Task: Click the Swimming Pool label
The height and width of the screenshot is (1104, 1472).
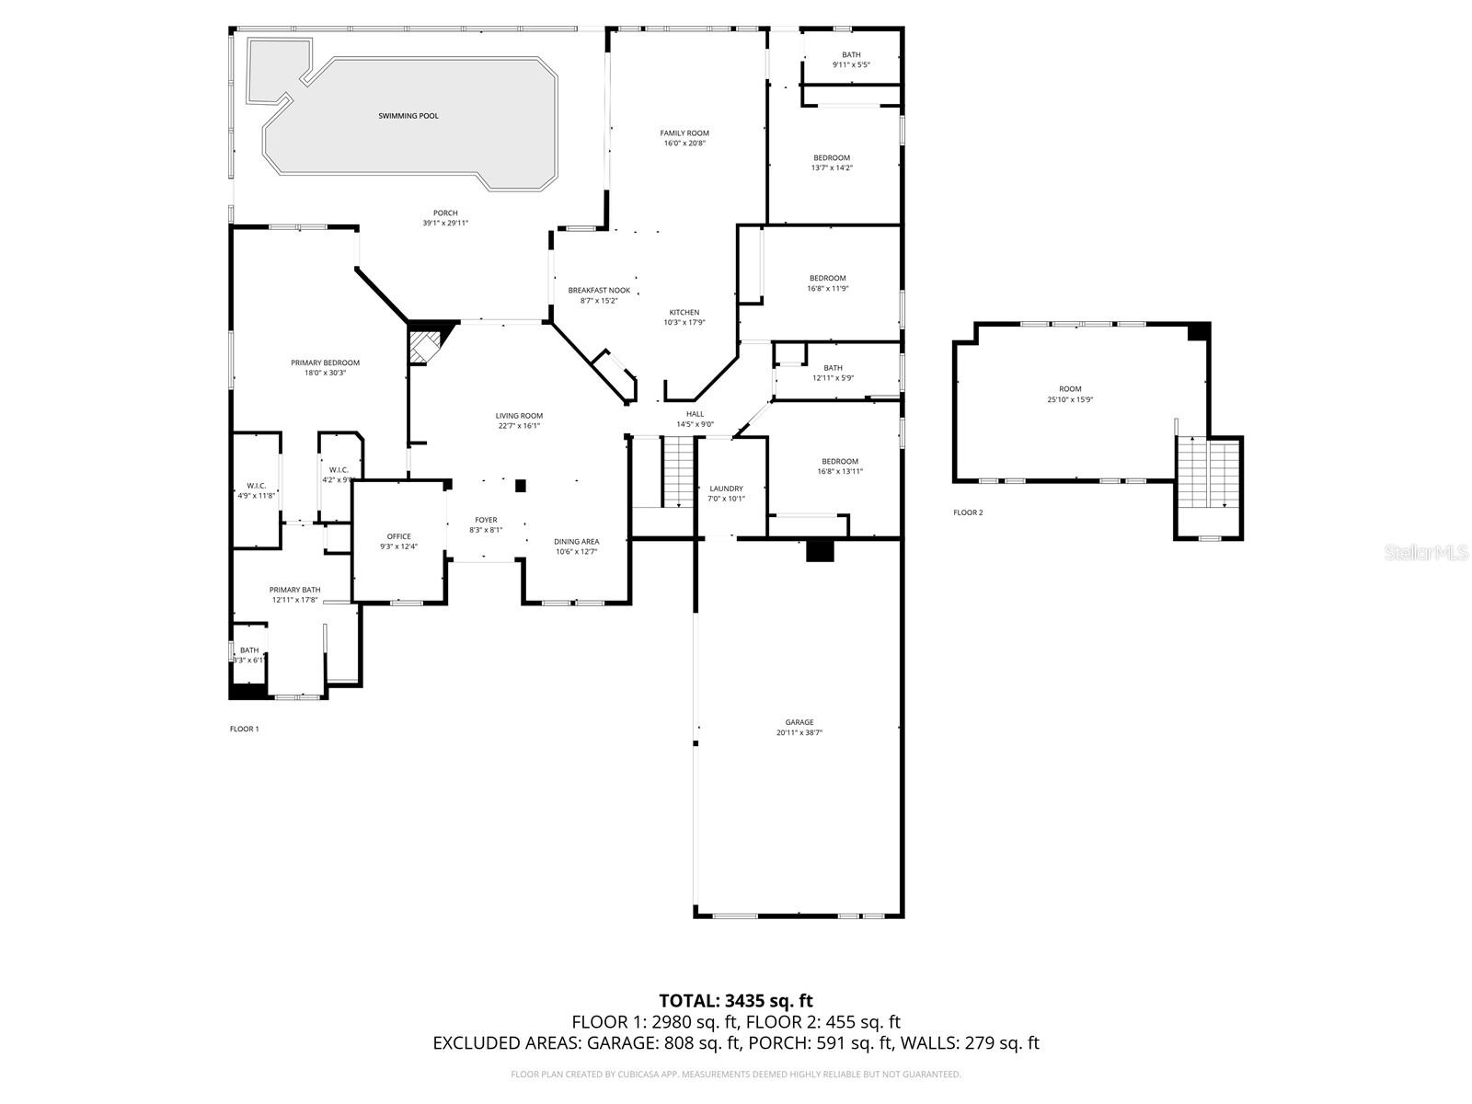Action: point(408,116)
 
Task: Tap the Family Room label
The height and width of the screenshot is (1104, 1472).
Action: point(685,133)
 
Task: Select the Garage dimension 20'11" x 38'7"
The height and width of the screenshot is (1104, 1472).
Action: point(799,733)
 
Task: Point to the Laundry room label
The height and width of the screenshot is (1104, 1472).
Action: point(726,489)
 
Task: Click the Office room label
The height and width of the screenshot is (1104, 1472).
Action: point(399,536)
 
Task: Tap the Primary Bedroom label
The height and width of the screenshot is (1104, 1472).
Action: point(325,362)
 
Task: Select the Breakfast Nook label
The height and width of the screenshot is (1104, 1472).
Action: point(599,290)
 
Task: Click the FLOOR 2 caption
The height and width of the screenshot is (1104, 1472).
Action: point(968,512)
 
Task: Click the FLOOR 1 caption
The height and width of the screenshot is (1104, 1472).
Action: point(244,729)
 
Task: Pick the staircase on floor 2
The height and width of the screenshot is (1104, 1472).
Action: point(1209,473)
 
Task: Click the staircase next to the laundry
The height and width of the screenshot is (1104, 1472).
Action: point(678,471)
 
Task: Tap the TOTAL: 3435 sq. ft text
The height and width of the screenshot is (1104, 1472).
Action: point(736,1001)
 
